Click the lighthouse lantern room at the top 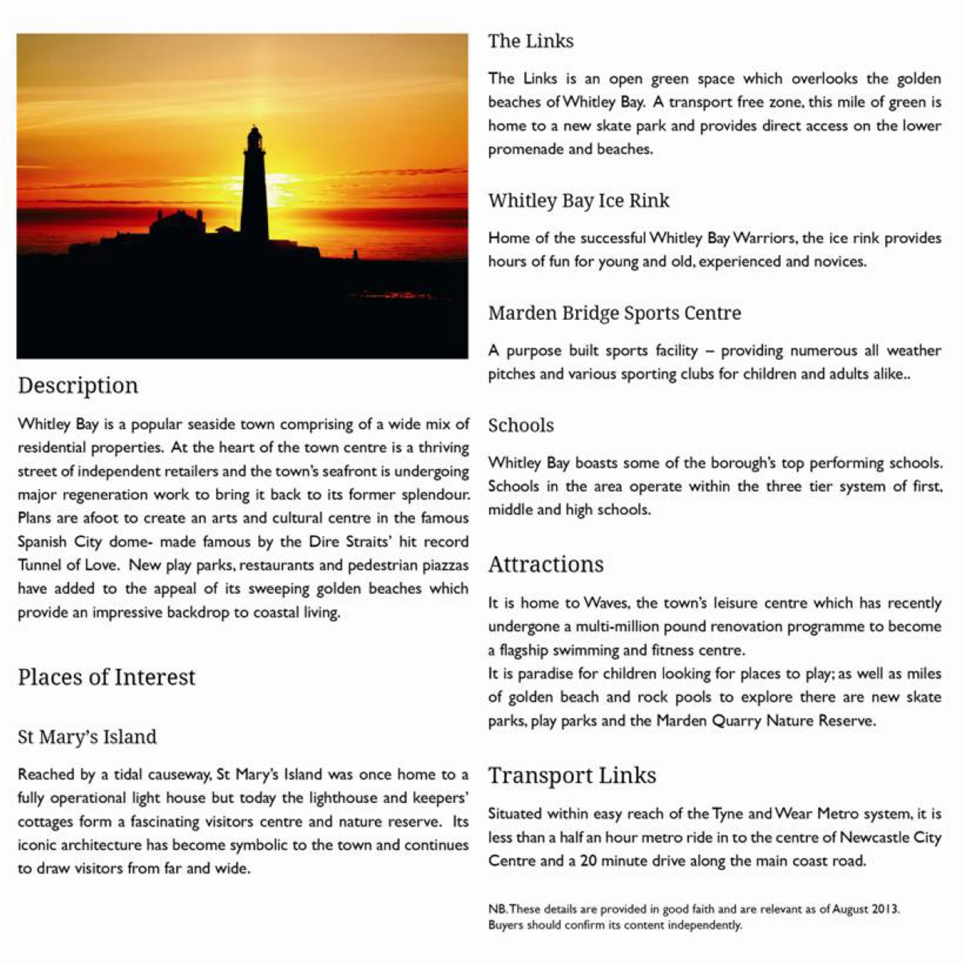(x=255, y=139)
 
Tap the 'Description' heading (x=78, y=386)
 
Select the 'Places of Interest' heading (x=107, y=677)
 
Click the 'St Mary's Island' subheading (x=87, y=737)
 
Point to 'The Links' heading (x=531, y=41)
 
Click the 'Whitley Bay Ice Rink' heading (x=579, y=200)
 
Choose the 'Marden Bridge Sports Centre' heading (x=614, y=313)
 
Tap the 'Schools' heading (x=521, y=425)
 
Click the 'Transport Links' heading (x=572, y=776)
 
